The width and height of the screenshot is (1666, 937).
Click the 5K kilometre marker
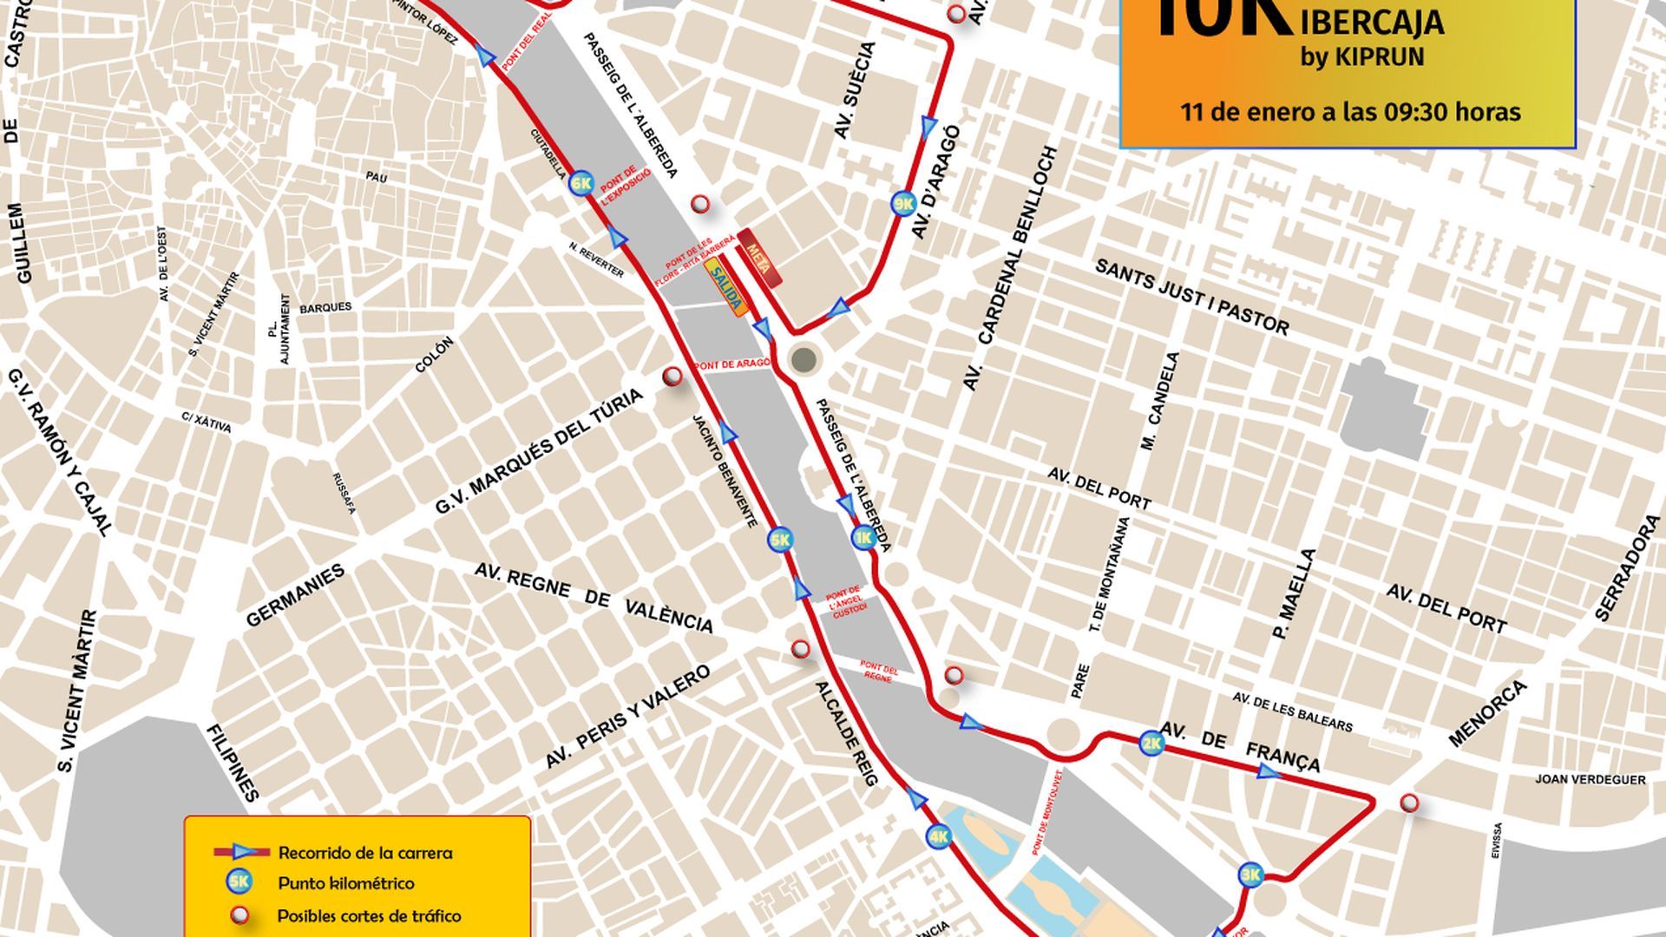coord(779,541)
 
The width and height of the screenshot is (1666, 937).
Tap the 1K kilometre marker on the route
coord(863,538)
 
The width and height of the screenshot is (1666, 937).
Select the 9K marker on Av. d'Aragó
coord(903,204)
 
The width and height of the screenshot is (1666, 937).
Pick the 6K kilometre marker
coord(580,183)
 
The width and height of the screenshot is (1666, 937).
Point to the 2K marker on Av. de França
coord(1151,744)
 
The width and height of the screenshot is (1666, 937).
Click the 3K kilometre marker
coord(1249,874)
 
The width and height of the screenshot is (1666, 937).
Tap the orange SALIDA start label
coord(725,287)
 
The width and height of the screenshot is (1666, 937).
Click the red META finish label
coord(758,258)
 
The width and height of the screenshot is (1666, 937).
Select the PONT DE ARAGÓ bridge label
coord(731,364)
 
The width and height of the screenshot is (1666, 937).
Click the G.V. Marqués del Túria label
coord(539,451)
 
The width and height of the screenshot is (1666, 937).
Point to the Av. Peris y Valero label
coord(627,717)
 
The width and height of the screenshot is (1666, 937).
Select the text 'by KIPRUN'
coord(1361,57)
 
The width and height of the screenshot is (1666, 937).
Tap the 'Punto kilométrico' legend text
coord(345,883)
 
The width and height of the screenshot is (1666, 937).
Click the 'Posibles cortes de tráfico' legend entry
coord(369,915)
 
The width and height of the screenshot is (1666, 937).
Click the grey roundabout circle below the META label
coord(804,358)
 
